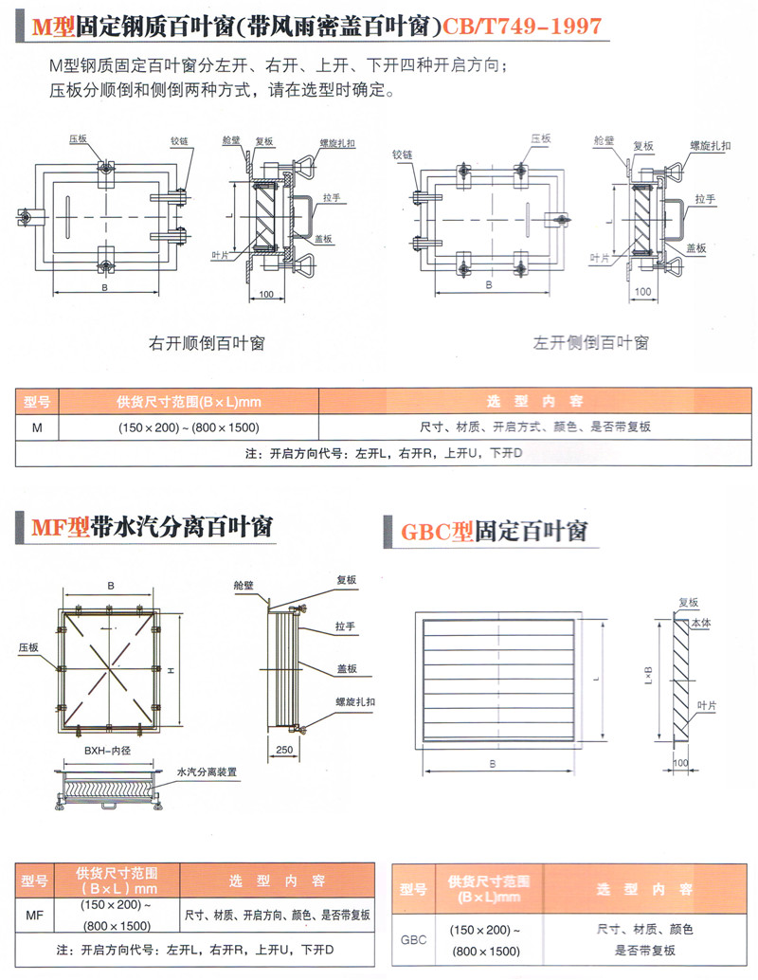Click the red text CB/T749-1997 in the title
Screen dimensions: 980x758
[524, 26]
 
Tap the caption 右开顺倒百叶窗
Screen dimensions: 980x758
[207, 342]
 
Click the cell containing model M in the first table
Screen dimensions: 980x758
[37, 427]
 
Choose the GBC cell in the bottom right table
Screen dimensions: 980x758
[414, 940]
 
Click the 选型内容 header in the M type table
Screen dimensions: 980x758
[534, 401]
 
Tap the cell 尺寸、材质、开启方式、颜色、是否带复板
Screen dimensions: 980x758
[534, 427]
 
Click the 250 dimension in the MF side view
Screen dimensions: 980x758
[282, 749]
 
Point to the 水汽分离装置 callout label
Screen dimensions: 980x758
[207, 772]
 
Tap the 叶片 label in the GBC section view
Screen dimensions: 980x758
[706, 705]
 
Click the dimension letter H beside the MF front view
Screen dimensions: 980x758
[171, 670]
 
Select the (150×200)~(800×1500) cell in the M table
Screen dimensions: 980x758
[189, 427]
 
